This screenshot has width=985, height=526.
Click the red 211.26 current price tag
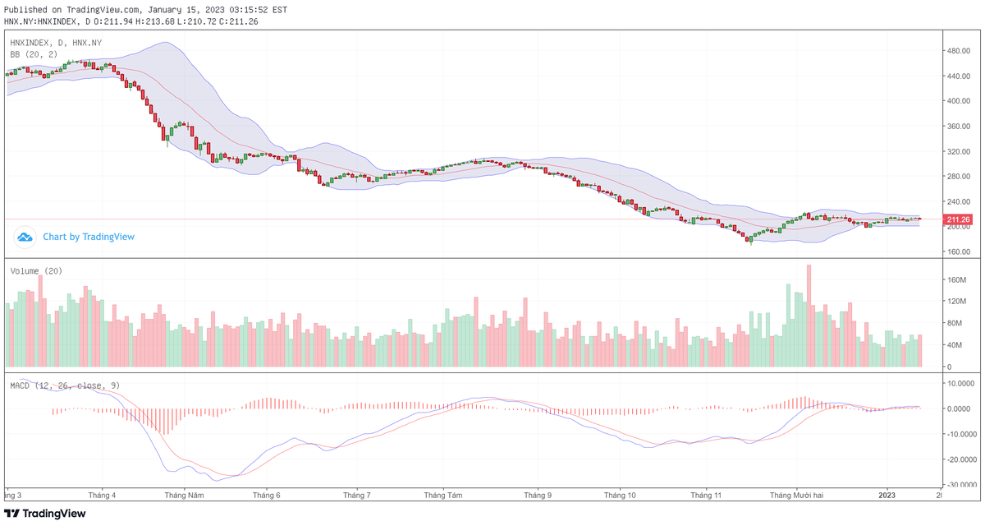(x=958, y=219)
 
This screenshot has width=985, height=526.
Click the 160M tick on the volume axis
(x=956, y=279)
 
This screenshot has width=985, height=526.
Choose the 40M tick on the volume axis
(x=954, y=345)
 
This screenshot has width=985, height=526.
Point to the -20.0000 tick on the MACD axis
(x=962, y=460)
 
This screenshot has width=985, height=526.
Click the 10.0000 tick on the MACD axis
(x=962, y=383)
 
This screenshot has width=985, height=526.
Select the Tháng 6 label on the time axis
(x=267, y=496)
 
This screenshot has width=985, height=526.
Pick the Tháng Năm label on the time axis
(x=184, y=496)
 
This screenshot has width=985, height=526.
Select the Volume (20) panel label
(x=36, y=271)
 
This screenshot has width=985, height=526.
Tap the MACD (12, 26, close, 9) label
(x=66, y=385)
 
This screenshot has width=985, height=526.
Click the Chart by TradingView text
(x=89, y=237)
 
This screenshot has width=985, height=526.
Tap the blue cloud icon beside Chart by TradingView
(x=25, y=237)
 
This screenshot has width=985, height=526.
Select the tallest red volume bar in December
(x=809, y=316)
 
